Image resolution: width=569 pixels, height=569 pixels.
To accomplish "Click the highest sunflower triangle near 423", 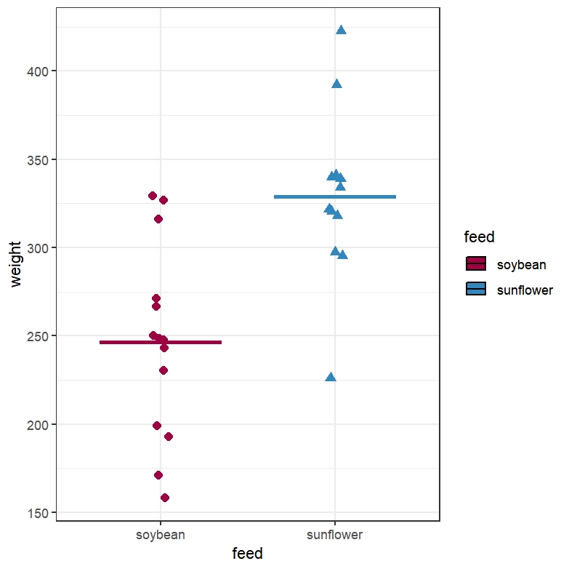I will point(341,30).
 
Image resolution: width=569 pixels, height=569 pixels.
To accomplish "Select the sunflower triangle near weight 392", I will point(336,84).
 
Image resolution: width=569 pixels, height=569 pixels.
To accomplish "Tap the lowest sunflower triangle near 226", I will point(331,377).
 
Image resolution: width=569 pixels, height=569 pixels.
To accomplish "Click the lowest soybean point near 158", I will point(165,498).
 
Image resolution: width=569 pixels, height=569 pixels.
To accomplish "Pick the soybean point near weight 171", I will point(158,475).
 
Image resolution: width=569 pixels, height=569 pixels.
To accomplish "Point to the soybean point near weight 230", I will point(164,370).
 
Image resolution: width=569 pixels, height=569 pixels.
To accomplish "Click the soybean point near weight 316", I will point(158,219).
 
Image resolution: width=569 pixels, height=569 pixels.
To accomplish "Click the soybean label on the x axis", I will point(161,535).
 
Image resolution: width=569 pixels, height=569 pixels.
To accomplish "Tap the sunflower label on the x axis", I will point(335,535).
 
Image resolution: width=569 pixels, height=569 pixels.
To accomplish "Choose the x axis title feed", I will point(247,554).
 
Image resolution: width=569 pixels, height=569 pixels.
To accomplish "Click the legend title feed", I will point(479,237).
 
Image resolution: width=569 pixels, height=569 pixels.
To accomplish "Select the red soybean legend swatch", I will point(476,264).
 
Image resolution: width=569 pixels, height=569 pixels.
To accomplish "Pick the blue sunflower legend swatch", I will point(476,290).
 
